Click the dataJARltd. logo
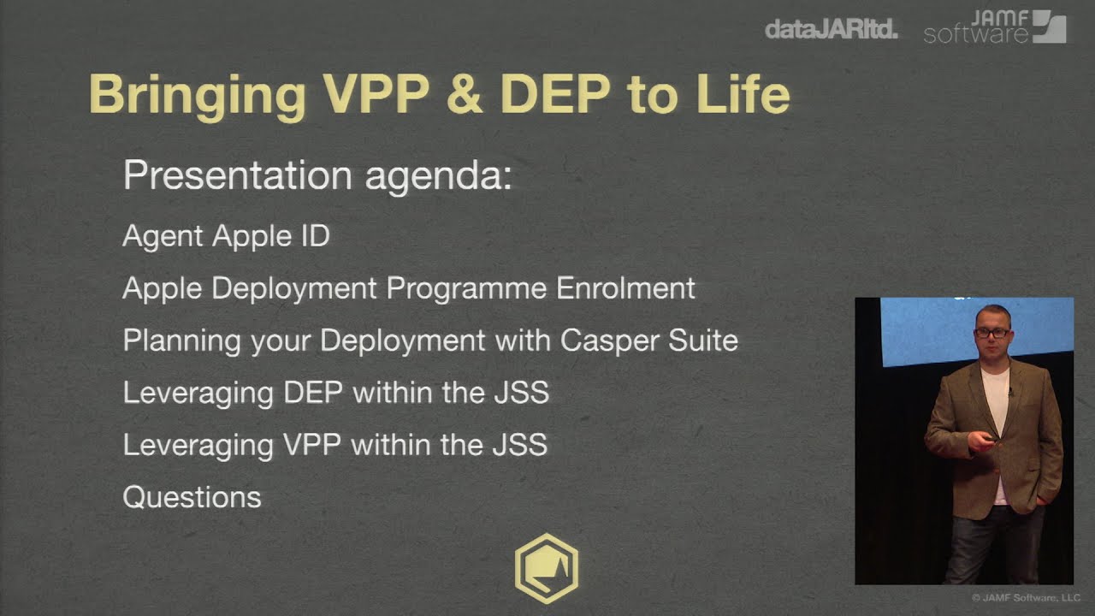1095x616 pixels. (x=831, y=29)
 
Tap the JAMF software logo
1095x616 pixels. (x=994, y=27)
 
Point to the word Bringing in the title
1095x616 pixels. (x=197, y=95)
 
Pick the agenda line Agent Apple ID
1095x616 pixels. (x=226, y=236)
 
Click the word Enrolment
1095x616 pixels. (x=625, y=288)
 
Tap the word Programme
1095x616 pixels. (x=466, y=289)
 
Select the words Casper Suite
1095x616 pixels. (x=648, y=341)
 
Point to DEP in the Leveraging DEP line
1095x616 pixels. (x=312, y=393)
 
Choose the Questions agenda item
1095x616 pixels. (x=192, y=497)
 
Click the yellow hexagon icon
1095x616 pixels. (x=546, y=568)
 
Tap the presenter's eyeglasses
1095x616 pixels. (x=991, y=333)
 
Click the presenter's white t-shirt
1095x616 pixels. (x=996, y=402)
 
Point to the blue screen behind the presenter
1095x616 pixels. (x=924, y=329)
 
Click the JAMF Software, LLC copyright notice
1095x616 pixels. (x=1026, y=598)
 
